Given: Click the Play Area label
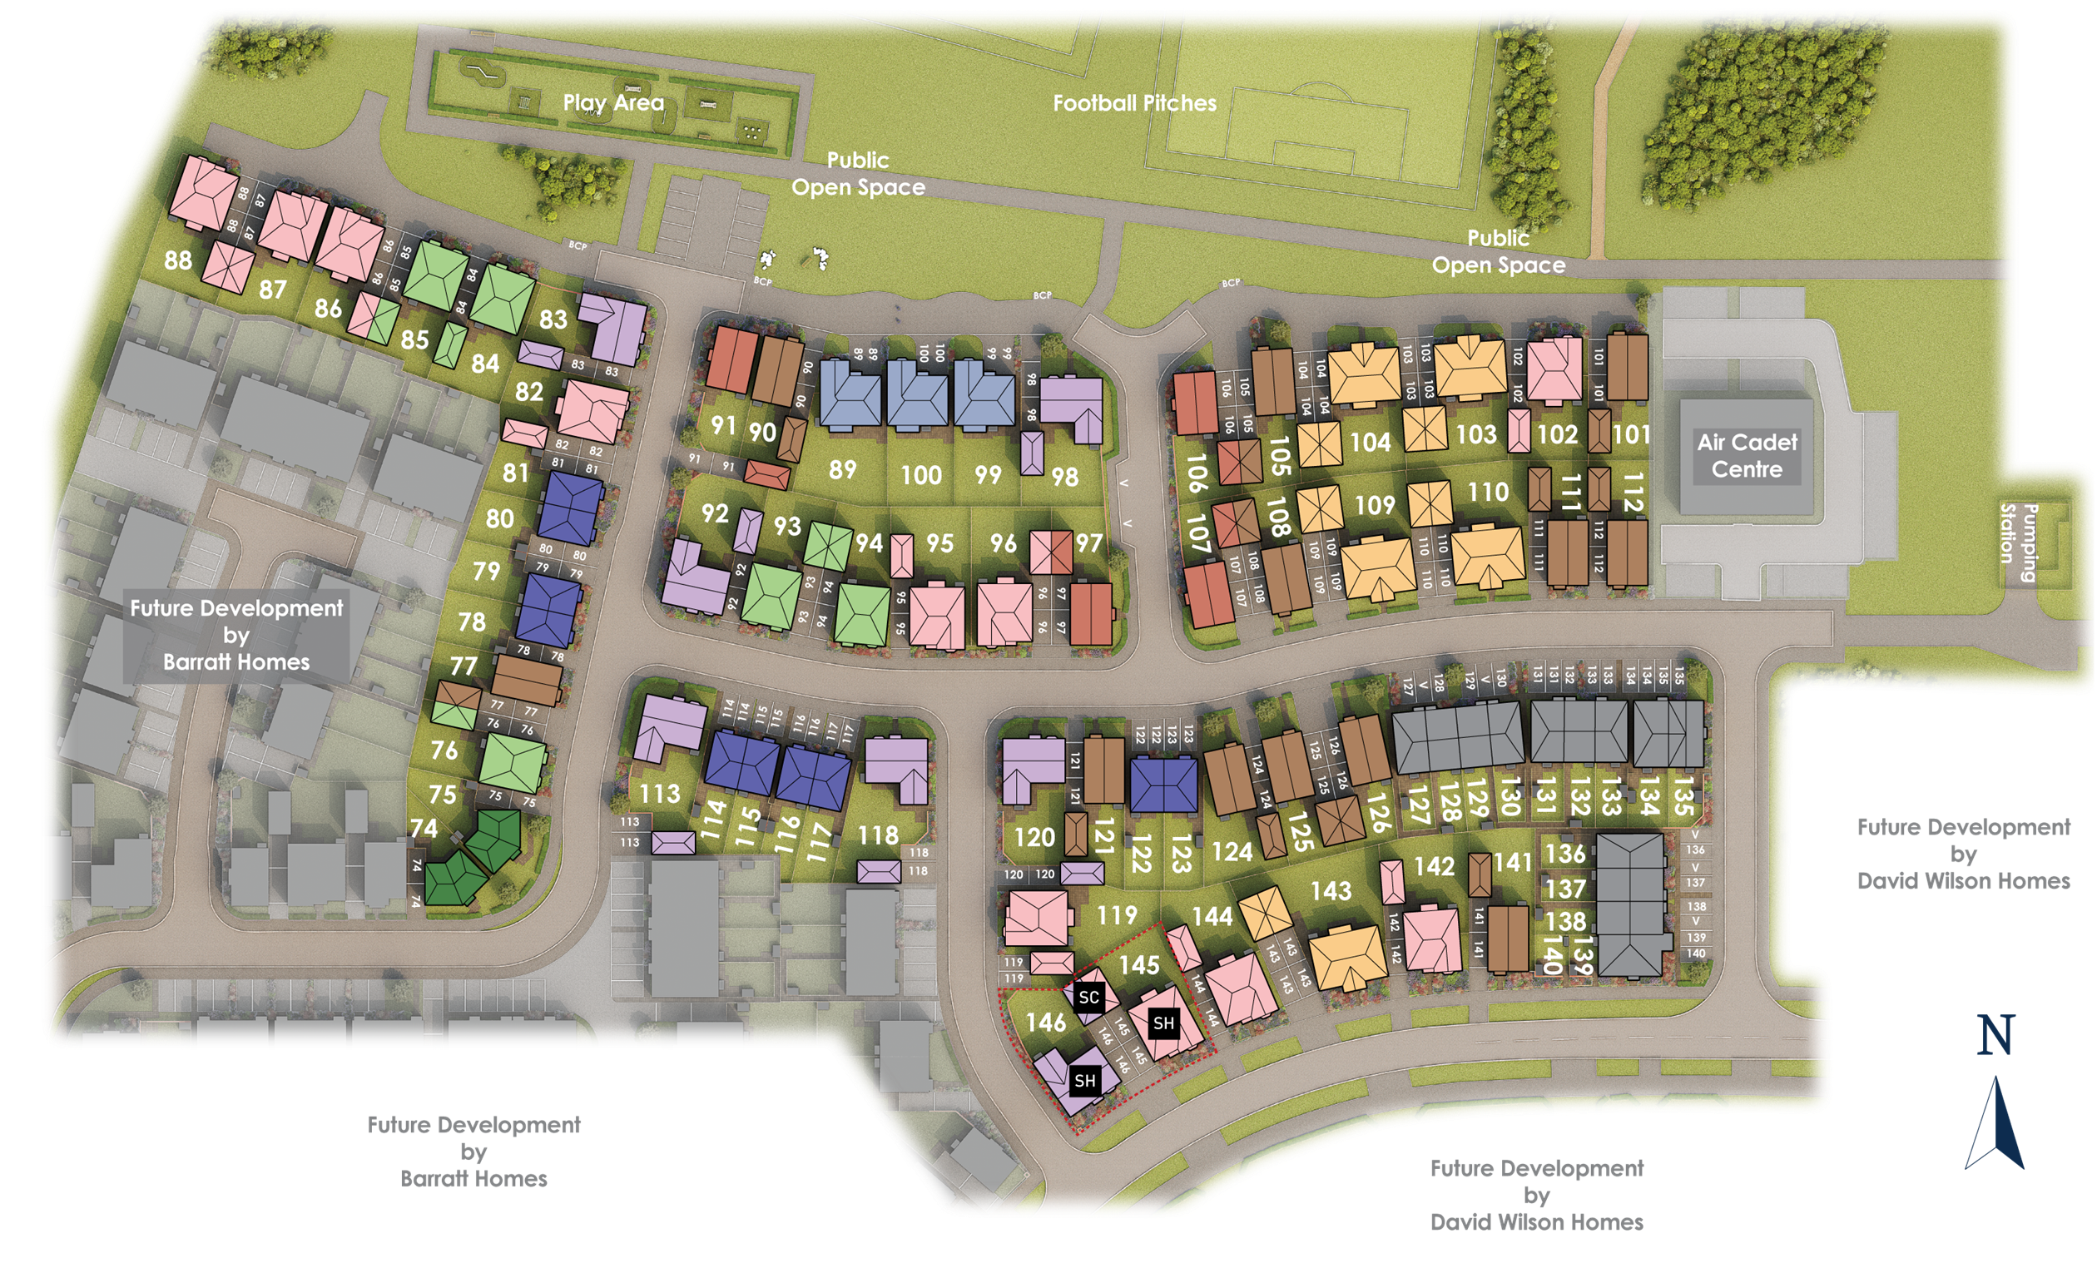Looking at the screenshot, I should click(x=612, y=103).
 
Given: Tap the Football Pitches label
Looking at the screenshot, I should click(x=1134, y=103).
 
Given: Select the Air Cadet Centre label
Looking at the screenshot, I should click(x=1747, y=455).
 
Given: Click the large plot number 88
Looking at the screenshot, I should click(x=178, y=260).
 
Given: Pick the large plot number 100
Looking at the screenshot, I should click(x=921, y=475).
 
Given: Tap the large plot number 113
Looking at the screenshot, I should click(x=660, y=794).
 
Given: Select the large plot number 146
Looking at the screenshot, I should click(x=1046, y=1022).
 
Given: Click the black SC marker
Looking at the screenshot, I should click(x=1088, y=998).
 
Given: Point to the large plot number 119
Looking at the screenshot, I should click(x=1117, y=915).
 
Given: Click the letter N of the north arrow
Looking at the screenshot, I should click(x=1995, y=1036).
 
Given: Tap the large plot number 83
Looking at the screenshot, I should click(x=553, y=319).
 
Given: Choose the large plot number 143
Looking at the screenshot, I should click(x=1331, y=891).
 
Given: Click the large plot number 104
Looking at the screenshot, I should click(x=1371, y=442).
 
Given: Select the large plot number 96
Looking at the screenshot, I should click(x=1003, y=542).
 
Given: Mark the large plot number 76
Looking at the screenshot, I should click(x=444, y=750).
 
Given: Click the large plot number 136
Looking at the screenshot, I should click(x=1565, y=854).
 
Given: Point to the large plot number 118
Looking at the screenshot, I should click(x=878, y=835).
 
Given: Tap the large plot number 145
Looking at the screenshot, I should click(x=1138, y=965).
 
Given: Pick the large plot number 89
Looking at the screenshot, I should click(x=841, y=469).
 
